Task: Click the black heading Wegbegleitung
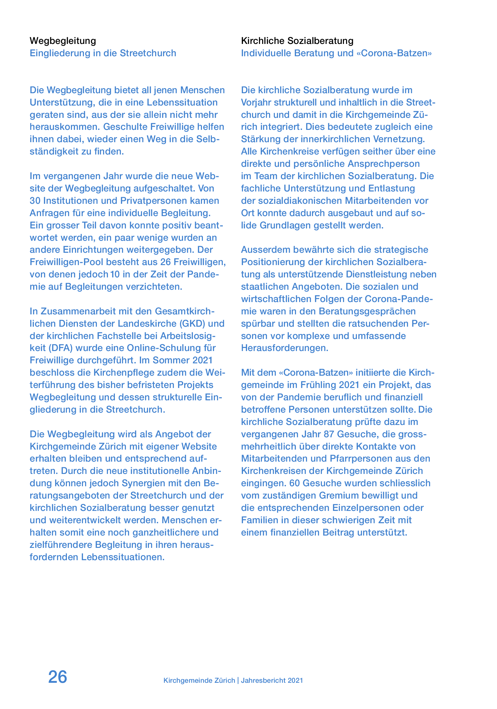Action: click(63, 41)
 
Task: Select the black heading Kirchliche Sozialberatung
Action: click(297, 41)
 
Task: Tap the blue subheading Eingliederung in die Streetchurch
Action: click(103, 53)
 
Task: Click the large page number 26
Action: click(58, 677)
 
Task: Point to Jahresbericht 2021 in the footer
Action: click(272, 681)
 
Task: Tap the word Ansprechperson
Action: click(384, 164)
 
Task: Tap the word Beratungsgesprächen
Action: click(367, 311)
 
